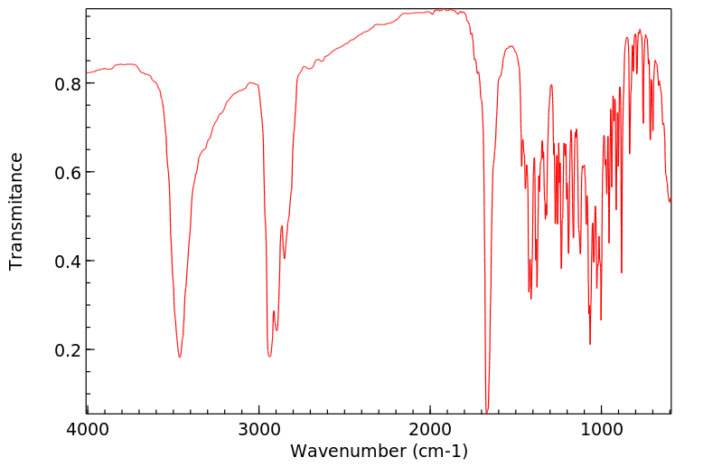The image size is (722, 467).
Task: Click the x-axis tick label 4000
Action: [x=87, y=430]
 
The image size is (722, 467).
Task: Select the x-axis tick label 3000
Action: [x=258, y=430]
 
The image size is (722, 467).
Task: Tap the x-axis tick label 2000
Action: [x=430, y=430]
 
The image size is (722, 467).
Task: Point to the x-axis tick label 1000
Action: [x=601, y=430]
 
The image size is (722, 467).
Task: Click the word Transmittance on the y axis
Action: [x=16, y=211]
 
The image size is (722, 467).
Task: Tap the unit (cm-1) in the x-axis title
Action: [x=437, y=450]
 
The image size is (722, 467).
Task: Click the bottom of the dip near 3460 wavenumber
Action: [x=180, y=357]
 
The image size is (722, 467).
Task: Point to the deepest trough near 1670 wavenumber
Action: [x=487, y=412]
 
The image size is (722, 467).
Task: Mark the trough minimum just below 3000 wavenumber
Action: [x=269, y=356]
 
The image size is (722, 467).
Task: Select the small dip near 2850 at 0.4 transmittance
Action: [x=285, y=259]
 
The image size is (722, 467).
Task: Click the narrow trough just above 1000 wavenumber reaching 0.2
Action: [x=590, y=344]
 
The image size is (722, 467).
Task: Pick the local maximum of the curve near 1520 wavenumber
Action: [x=511, y=46]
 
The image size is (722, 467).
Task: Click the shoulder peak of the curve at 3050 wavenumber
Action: [x=251, y=83]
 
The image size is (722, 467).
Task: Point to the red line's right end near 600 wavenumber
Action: [x=670, y=200]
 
